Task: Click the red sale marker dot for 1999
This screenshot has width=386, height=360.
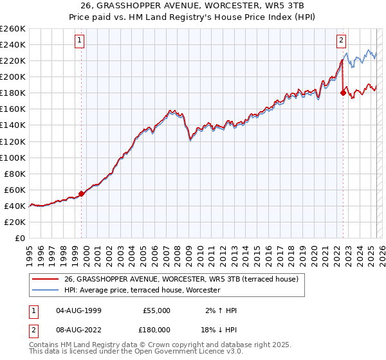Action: tap(81, 193)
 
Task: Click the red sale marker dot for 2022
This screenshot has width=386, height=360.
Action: tap(343, 93)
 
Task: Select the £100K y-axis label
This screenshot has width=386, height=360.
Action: tap(13, 157)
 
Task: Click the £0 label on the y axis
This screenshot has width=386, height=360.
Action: tap(19, 238)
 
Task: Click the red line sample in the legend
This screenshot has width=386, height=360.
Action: tap(44, 280)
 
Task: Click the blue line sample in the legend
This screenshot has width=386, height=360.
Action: tap(44, 291)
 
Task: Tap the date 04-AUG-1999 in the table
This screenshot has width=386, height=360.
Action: tap(78, 310)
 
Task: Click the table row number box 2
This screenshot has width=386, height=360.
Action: tap(33, 329)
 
